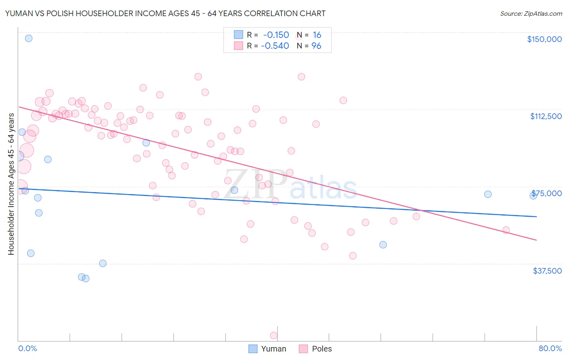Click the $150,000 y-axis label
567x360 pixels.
(x=544, y=39)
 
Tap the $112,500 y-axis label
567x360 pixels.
(x=546, y=116)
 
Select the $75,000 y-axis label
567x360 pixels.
(x=547, y=193)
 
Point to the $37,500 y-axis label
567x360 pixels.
(x=547, y=271)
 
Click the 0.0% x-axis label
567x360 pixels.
(x=27, y=348)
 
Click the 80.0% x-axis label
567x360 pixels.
(x=550, y=348)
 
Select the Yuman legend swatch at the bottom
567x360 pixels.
(x=253, y=349)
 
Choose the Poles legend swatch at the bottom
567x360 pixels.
(x=304, y=349)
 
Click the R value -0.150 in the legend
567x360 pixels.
(x=276, y=35)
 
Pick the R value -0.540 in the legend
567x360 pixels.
(x=275, y=46)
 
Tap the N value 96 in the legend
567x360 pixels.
(x=316, y=46)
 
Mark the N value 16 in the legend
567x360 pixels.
(x=317, y=35)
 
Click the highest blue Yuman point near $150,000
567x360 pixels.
(x=29, y=38)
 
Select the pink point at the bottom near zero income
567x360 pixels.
(x=273, y=335)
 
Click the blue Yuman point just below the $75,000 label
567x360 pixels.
(x=533, y=195)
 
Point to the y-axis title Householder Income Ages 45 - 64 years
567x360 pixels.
(x=11, y=184)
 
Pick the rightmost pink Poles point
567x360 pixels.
(x=506, y=230)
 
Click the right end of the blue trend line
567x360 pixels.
(x=536, y=217)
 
